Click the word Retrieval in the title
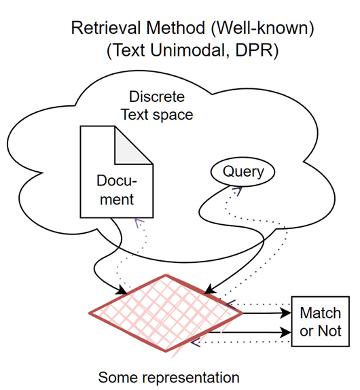107,28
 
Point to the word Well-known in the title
263,28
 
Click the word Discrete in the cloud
157,96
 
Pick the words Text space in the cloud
157,115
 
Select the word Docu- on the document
117,180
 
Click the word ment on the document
117,200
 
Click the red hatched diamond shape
166,313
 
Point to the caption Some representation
169,377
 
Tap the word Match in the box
320,313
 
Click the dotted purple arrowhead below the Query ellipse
238,191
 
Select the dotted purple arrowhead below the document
139,223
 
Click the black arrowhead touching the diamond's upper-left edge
122,289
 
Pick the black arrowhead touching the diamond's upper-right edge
210,289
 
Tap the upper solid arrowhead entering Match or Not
285,313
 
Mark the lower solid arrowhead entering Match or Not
285,332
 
